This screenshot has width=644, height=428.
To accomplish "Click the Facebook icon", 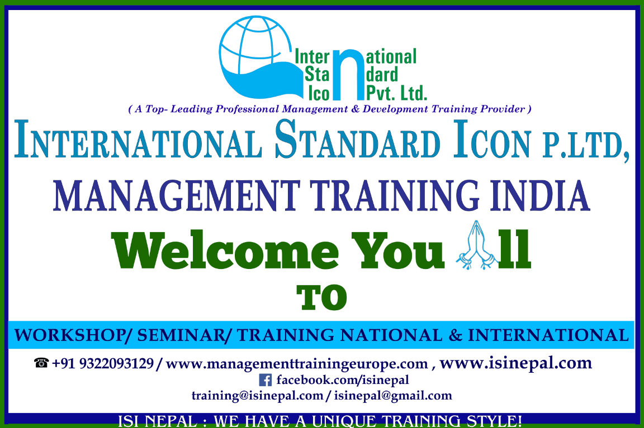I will [x=266, y=381].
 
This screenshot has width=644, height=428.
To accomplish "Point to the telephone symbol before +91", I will [x=41, y=364].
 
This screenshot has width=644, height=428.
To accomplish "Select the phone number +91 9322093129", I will [x=103, y=364].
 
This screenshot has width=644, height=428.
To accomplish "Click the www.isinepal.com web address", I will [x=515, y=363].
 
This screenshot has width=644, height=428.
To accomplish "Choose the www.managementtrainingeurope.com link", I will [x=297, y=364].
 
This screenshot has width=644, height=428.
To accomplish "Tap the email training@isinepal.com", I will [x=257, y=396].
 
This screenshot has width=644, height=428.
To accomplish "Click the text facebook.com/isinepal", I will [x=343, y=381].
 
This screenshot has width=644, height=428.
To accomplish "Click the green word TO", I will [x=322, y=299].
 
